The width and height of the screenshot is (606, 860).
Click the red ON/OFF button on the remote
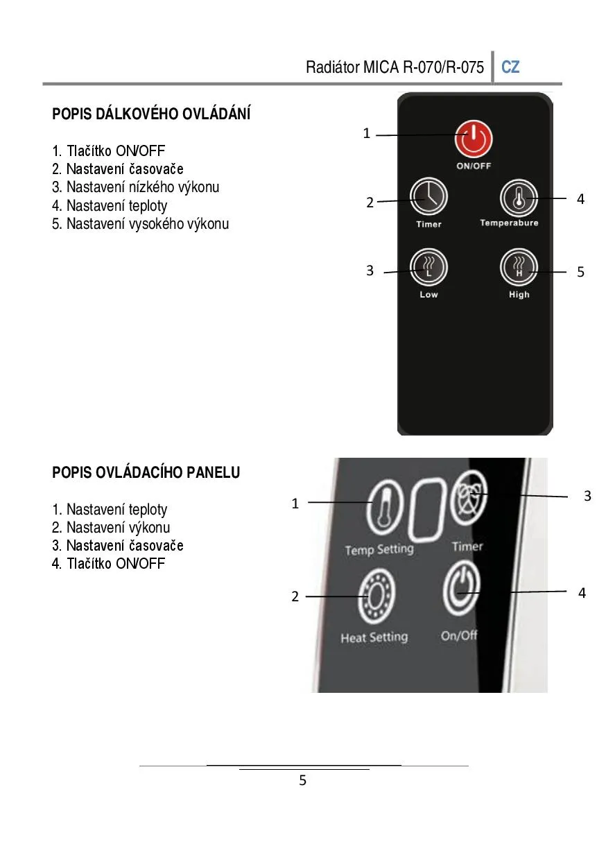pos(473,139)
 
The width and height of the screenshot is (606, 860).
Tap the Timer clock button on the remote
pos(428,196)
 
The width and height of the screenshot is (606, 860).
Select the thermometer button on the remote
pos(519,198)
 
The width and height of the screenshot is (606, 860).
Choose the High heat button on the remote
pos(519,267)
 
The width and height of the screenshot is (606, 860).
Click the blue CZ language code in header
pos(510,67)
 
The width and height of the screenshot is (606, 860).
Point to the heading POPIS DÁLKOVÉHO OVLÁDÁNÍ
pos(151,114)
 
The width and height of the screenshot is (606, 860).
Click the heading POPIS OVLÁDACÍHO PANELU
pos(146,472)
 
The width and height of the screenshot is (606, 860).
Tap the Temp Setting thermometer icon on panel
pos(385,507)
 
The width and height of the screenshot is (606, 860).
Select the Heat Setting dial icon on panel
pos(376,596)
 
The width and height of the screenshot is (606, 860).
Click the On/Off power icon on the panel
pos(461,588)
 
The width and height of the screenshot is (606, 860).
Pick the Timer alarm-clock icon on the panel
pos(469,497)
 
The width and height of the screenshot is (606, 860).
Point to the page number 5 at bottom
pos(303,780)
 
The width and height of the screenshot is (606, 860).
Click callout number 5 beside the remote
pos(580,272)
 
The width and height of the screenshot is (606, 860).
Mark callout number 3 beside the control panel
pos(587,496)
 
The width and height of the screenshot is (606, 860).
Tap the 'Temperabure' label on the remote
pos(509,223)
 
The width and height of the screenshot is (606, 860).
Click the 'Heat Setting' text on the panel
pos(374,637)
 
